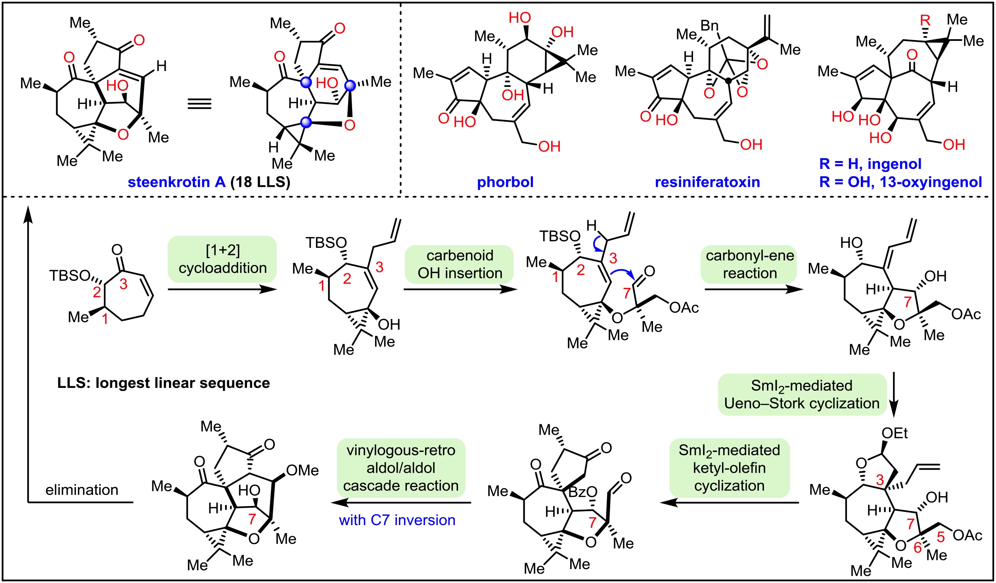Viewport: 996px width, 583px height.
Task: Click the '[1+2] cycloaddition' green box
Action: [x=222, y=259]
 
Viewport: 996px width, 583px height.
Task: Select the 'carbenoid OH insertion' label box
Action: [x=460, y=264]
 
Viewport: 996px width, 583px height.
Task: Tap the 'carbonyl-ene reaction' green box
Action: [x=749, y=264]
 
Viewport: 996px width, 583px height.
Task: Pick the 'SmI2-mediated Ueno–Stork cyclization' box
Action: [x=802, y=394]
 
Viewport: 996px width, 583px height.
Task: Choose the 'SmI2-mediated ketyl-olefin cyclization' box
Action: [x=729, y=468]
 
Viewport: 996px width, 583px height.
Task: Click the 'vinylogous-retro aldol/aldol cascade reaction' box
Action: [x=400, y=468]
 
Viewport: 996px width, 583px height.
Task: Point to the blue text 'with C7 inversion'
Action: [x=397, y=520]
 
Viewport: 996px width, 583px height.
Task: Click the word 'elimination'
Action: [x=82, y=490]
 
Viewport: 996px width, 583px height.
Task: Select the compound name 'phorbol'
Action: [x=505, y=182]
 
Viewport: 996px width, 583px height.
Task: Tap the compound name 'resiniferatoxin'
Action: [x=707, y=182]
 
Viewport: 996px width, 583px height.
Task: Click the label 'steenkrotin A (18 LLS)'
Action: [x=209, y=182]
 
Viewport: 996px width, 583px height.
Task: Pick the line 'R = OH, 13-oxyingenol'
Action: [x=900, y=182]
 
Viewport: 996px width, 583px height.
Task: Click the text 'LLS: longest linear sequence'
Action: [x=163, y=383]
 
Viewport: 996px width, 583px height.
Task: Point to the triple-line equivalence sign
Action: [x=199, y=104]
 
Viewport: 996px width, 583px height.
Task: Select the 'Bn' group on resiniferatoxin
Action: [x=709, y=26]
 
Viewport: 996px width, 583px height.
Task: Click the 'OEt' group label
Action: [x=894, y=433]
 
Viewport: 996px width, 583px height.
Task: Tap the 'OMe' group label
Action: [x=302, y=470]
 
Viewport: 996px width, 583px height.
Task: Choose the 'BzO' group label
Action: [x=582, y=492]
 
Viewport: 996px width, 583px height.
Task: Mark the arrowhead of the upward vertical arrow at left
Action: [x=28, y=214]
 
